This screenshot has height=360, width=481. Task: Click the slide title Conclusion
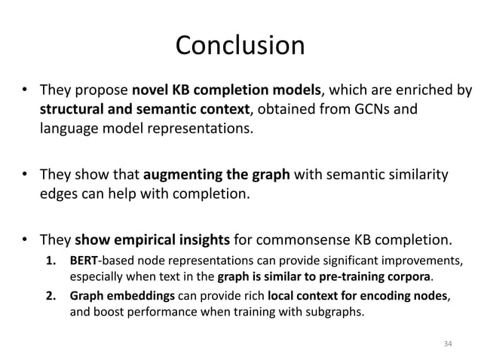tap(240, 47)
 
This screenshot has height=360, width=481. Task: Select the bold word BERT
tap(84, 262)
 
